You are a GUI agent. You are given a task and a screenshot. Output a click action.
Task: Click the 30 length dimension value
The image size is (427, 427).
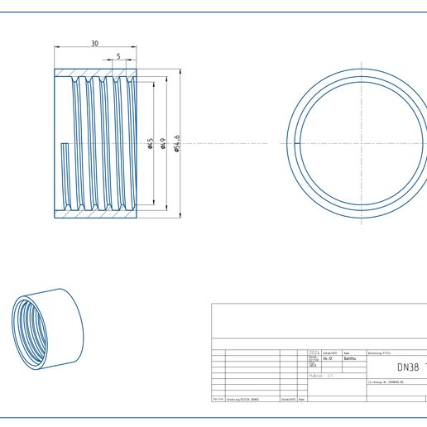(x=94, y=44)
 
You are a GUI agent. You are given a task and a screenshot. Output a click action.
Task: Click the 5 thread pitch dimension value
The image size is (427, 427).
(x=118, y=56)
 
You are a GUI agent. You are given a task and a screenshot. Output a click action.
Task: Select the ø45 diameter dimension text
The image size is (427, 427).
(x=150, y=145)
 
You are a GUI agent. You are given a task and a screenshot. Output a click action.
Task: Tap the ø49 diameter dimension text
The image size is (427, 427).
(x=163, y=145)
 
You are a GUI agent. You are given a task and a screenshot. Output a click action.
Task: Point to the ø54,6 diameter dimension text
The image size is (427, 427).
(x=177, y=142)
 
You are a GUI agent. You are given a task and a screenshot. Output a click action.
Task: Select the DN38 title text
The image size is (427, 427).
(x=407, y=367)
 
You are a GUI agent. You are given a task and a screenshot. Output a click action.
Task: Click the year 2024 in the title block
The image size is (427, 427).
(x=314, y=352)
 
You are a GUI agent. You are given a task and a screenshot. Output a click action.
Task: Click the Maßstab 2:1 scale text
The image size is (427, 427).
(x=321, y=375)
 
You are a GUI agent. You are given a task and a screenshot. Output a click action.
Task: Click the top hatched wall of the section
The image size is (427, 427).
(x=94, y=74)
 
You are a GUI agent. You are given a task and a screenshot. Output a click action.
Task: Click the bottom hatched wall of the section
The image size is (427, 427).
(x=94, y=213)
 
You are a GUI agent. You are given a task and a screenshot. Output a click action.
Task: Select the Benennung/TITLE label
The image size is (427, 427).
(x=379, y=352)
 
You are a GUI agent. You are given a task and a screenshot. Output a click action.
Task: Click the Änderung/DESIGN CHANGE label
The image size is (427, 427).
(x=242, y=399)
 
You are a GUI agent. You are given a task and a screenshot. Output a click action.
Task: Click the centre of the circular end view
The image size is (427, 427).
(x=361, y=144)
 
